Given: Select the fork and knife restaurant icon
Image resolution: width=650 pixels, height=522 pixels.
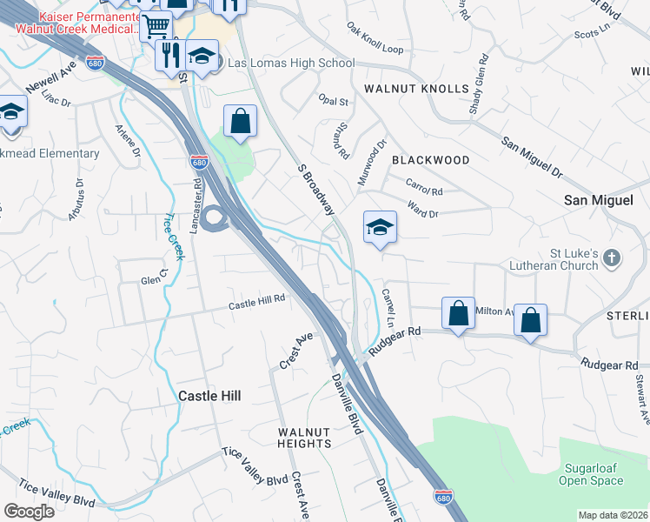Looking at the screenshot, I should pyautogui.click(x=168, y=56).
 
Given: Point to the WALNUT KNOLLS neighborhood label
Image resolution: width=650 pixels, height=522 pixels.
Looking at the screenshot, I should pyautogui.click(x=416, y=89).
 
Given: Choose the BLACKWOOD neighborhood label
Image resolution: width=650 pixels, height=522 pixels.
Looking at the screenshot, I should pyautogui.click(x=430, y=160).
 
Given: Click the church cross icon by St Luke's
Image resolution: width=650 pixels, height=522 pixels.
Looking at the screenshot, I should pyautogui.click(x=612, y=258).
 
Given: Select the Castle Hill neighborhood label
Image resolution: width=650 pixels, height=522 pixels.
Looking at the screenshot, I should pyautogui.click(x=209, y=395).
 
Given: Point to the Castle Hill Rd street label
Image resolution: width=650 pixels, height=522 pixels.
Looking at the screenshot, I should pyautogui.click(x=257, y=304).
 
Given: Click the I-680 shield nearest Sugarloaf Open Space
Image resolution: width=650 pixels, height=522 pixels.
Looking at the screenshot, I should pyautogui.click(x=442, y=497).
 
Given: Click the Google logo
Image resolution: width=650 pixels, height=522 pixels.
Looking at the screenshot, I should pyautogui.click(x=29, y=512).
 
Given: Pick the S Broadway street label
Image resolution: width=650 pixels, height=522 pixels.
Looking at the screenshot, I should pyautogui.click(x=315, y=190).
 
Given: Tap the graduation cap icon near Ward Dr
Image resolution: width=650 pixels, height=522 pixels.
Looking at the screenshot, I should pyautogui.click(x=380, y=228).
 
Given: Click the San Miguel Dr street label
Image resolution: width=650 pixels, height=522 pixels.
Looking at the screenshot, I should pyautogui.click(x=531, y=156).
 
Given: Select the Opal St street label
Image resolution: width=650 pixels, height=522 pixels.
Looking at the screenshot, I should pyautogui.click(x=333, y=101).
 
